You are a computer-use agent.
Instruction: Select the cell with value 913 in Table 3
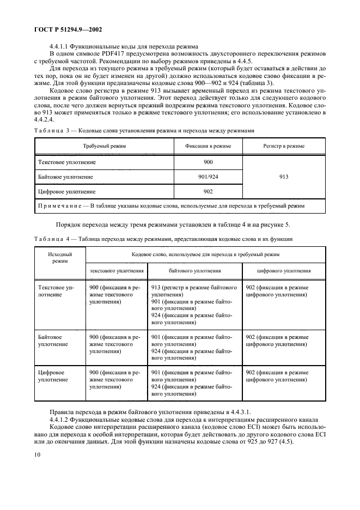pyautogui.click(x=283, y=177)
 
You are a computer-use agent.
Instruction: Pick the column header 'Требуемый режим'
pyautogui.click(x=104, y=147)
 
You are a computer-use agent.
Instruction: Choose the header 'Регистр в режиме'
pyautogui.click(x=283, y=147)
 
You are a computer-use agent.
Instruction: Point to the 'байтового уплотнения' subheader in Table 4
pyautogui.click(x=194, y=270)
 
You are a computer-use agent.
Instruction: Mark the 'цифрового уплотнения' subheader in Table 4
pyautogui.click(x=284, y=270)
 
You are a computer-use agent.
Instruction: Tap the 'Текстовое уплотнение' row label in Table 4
pyautogui.click(x=52, y=291)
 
